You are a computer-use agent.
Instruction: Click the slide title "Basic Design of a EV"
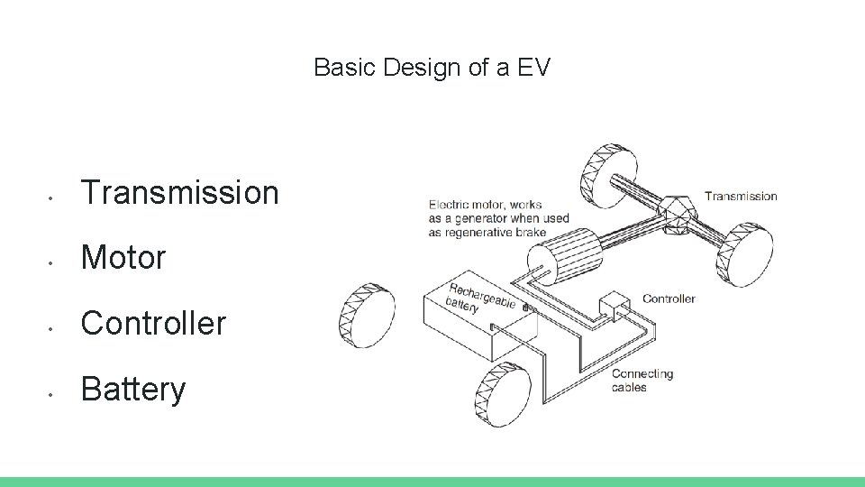point(432,68)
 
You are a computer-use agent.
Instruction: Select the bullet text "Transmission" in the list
point(180,192)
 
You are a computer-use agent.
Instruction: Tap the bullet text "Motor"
point(124,258)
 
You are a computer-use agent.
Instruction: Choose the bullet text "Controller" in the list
point(153,324)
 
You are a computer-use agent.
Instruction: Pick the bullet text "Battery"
point(133,390)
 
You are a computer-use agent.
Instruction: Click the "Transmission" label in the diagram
point(740,196)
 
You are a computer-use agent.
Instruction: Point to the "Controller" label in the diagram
point(669,299)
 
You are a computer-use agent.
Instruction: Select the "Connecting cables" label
point(642,380)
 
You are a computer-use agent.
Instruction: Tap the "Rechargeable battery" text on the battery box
point(482,298)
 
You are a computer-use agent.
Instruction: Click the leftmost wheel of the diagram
point(366,317)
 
